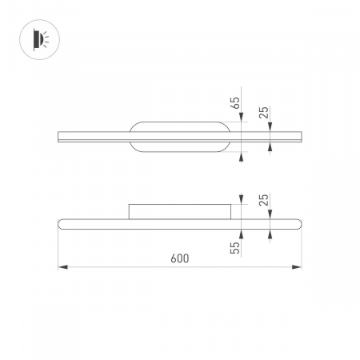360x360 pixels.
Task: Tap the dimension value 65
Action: coord(235,103)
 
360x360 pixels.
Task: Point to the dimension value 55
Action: coord(235,249)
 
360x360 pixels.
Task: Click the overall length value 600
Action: coord(180,258)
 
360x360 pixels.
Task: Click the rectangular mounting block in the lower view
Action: coord(180,211)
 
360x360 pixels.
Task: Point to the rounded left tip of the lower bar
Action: coord(61,223)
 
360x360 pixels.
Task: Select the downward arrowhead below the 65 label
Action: coord(242,118)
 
